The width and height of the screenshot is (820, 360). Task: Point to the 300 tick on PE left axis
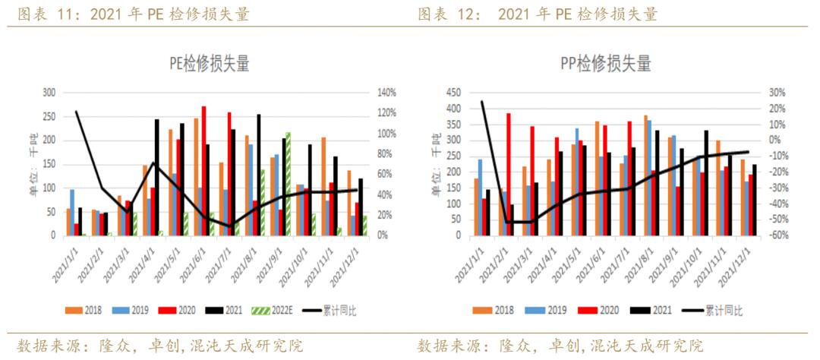(49, 93)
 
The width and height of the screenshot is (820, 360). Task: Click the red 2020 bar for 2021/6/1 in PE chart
(203, 171)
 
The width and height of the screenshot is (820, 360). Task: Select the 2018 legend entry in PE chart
(87, 311)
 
